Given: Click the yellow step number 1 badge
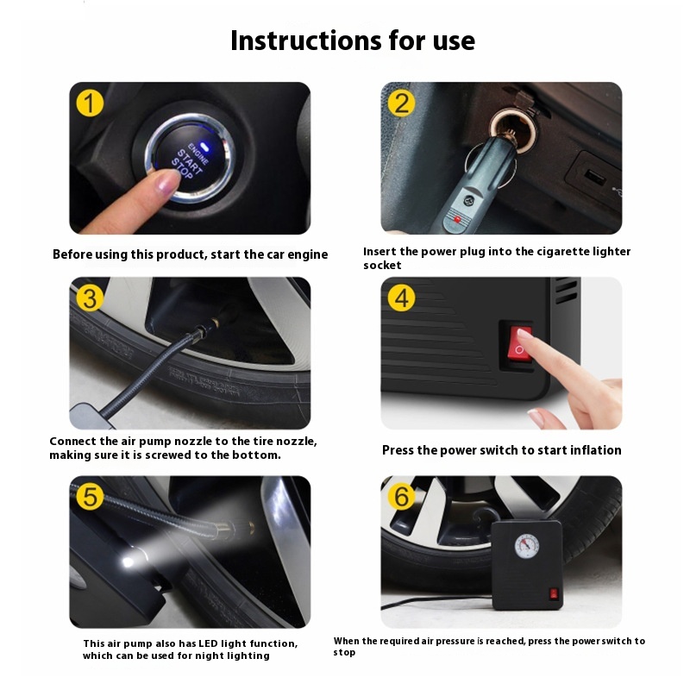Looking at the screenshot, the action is pos(90,103).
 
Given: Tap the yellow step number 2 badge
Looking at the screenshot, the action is pos(401,103).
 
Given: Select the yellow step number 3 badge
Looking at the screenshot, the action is pos(90,298).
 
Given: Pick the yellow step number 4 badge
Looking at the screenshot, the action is pos(401,298).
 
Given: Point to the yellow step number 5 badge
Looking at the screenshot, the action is pos(90,497).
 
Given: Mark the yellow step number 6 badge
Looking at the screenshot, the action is pos(401,497).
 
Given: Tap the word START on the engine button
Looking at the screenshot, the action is pos(189,161).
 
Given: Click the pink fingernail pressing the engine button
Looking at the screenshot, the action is pos(168,180).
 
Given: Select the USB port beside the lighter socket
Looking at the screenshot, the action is pos(595,177).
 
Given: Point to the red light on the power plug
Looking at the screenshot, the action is pos(458,219).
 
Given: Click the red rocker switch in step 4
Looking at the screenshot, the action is pos(520,344).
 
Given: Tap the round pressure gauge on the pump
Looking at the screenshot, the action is pos(527,546).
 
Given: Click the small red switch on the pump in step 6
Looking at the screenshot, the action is pos(554,594).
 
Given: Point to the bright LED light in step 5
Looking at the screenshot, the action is pos(129,561).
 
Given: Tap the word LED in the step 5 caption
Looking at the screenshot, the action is pos(208,643).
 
